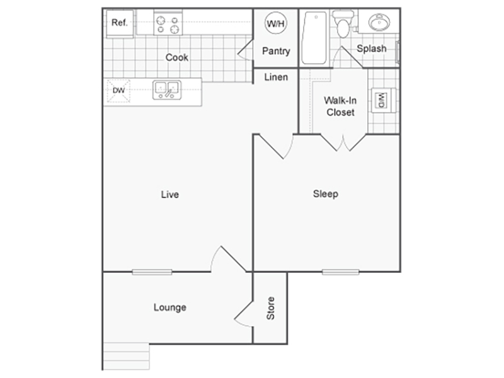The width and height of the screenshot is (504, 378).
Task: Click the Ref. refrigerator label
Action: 119,23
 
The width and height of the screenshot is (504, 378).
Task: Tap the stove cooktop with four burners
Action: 168,24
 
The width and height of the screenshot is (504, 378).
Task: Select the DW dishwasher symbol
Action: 118,91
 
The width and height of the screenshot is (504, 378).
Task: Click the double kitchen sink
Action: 167,90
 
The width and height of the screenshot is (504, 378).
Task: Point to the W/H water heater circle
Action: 276,23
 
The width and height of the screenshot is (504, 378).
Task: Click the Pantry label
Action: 276,51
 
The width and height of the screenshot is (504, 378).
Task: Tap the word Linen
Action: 276,77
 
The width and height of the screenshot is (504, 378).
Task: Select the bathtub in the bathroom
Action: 314,38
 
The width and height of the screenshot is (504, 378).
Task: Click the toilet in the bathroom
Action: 343,24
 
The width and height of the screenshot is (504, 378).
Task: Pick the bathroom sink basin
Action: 379,23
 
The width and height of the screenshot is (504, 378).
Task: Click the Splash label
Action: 372,49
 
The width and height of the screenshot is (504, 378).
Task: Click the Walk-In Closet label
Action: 340,106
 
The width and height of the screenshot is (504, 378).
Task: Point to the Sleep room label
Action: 325,194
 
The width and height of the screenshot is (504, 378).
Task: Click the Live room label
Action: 169,195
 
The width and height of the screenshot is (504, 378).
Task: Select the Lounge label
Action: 169,307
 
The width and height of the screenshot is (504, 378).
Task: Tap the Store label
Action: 271,308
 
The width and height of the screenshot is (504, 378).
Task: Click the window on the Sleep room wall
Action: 341,272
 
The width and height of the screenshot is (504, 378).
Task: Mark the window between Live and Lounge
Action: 152,272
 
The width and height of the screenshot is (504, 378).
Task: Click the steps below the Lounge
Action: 127,357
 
